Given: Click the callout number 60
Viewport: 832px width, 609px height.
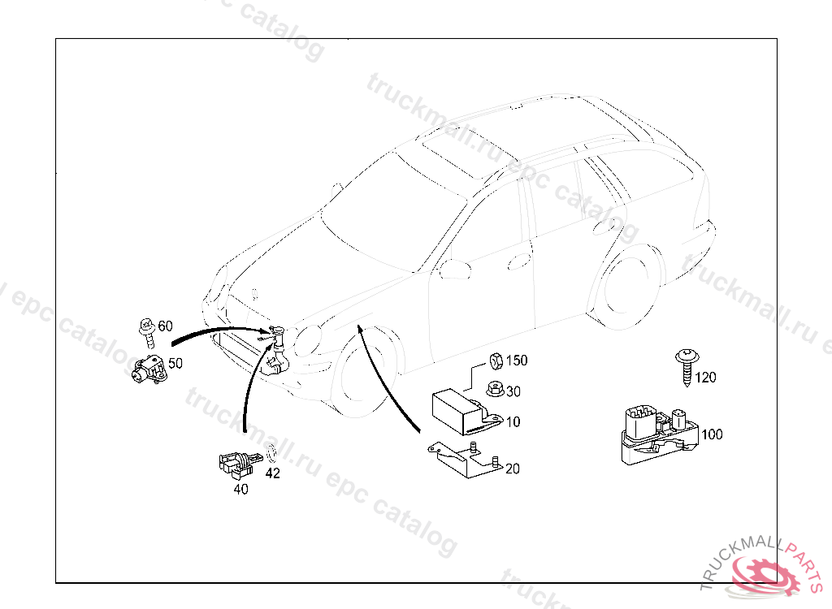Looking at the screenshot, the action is (x=166, y=326).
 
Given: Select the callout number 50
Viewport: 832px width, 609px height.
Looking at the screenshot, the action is (x=175, y=364).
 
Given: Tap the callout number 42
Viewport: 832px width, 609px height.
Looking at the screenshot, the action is (x=273, y=473).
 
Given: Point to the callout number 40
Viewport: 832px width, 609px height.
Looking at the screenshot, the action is (x=240, y=489).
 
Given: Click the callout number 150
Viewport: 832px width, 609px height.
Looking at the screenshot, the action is (x=517, y=361).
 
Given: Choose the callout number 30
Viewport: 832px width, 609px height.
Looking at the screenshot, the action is (x=513, y=391).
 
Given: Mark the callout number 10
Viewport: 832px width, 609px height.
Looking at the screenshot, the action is (x=513, y=422).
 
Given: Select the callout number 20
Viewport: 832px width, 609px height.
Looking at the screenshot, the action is (x=513, y=469).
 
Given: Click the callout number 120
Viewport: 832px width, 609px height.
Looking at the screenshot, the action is (x=706, y=378).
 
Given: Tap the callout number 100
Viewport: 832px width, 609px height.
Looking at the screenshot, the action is (x=712, y=434).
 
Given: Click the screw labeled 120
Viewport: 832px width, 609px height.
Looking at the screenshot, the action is (x=687, y=366).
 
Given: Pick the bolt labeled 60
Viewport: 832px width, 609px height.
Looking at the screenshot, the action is (x=148, y=333).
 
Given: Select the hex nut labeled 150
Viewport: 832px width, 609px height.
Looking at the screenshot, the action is (x=496, y=361).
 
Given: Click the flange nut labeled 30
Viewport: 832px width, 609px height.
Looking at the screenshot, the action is (x=495, y=390).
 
